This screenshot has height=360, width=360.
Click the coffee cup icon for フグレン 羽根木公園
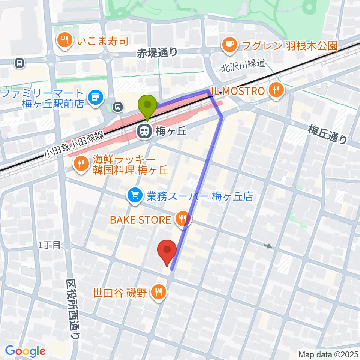(229, 45)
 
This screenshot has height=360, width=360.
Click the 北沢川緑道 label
(243, 63)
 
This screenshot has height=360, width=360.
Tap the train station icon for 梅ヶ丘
(143, 132)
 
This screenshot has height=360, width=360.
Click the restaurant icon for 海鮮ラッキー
(80, 162)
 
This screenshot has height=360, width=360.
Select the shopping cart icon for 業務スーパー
(135, 195)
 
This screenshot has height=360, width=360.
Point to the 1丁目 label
(49, 245)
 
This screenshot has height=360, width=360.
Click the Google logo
(25, 351)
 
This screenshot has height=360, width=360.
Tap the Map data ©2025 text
(328, 354)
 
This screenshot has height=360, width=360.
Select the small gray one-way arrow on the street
(268, 246)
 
